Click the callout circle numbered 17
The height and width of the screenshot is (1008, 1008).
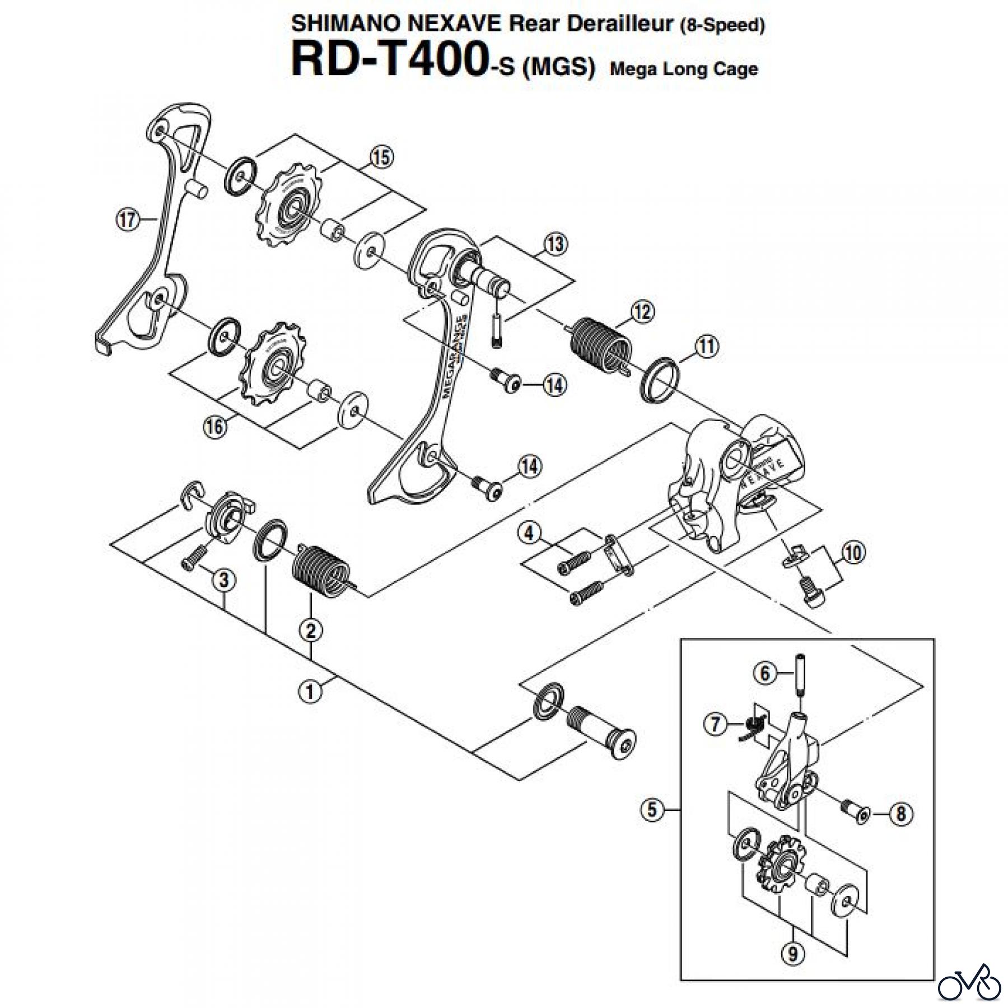(x=127, y=219)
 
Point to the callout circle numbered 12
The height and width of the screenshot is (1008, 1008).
(x=642, y=311)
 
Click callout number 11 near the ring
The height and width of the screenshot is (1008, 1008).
(x=706, y=346)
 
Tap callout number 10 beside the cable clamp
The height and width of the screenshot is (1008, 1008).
(x=853, y=553)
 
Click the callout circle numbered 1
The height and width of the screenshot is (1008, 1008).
(x=310, y=692)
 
